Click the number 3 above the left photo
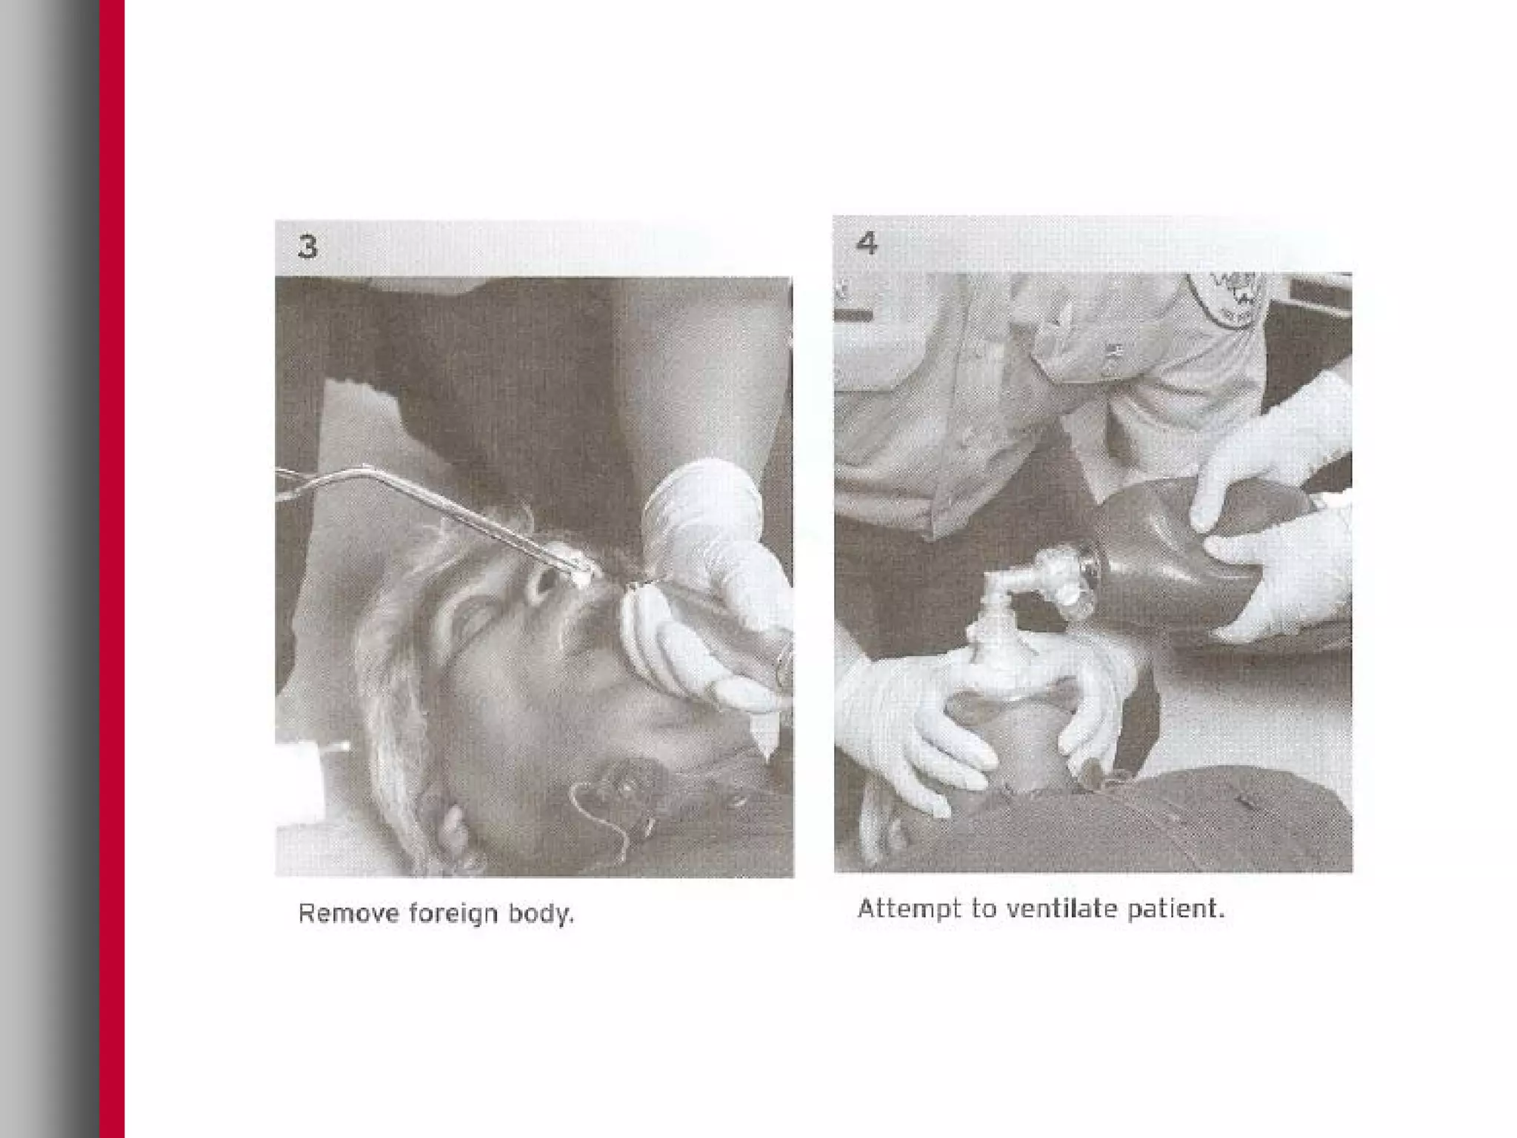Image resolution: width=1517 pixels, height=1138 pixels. [x=307, y=247]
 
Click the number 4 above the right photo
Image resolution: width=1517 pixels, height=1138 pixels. [x=867, y=243]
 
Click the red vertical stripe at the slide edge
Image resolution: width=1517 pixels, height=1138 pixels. [x=112, y=569]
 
